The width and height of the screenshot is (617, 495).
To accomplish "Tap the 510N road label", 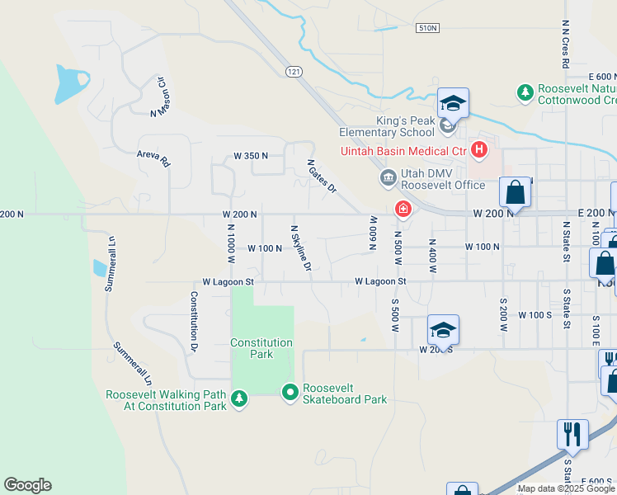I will pyautogui.click(x=427, y=28).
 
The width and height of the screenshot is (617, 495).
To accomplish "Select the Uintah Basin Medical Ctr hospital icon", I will pyautogui.click(x=478, y=149).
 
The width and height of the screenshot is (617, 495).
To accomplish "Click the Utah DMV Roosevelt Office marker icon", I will pyautogui.click(x=388, y=178).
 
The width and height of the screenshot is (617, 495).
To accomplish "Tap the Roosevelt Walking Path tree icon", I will pyautogui.click(x=239, y=399).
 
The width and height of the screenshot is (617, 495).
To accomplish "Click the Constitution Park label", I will pyautogui.click(x=261, y=348).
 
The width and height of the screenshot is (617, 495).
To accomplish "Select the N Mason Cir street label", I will pyautogui.click(x=160, y=97).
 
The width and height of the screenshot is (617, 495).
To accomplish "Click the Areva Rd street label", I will pyautogui.click(x=153, y=158).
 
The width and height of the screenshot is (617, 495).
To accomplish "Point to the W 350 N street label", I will pyautogui.click(x=252, y=155).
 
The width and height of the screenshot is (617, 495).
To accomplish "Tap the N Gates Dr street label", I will pyautogui.click(x=322, y=177).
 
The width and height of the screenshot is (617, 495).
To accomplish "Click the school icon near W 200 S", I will pyautogui.click(x=443, y=330).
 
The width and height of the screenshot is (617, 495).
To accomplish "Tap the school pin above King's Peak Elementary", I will pyautogui.click(x=453, y=104).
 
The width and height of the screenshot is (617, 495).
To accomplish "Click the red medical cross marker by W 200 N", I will pyautogui.click(x=403, y=210).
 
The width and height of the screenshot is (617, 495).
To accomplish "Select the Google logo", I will pyautogui.click(x=27, y=485).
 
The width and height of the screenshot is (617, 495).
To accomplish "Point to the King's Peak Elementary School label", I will pyautogui.click(x=405, y=126).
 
